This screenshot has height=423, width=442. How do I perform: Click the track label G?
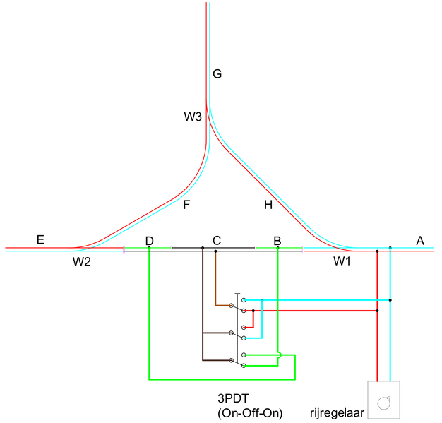point(217,73)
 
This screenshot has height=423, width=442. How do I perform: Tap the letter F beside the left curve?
point(186,205)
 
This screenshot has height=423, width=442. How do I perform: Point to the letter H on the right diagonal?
point(268,205)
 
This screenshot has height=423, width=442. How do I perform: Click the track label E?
point(40,240)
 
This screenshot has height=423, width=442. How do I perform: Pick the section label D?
point(149,241)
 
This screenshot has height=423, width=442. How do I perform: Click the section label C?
point(217,241)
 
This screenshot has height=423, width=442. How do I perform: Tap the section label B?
point(277,241)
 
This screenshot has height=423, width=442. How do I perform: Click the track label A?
point(420,241)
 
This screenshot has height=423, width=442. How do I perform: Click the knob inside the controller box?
point(383,403)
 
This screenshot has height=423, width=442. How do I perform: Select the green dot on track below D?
point(149,248)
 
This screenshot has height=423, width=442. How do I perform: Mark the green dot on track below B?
point(277,248)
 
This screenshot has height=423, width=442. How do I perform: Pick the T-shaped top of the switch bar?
point(238,294)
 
